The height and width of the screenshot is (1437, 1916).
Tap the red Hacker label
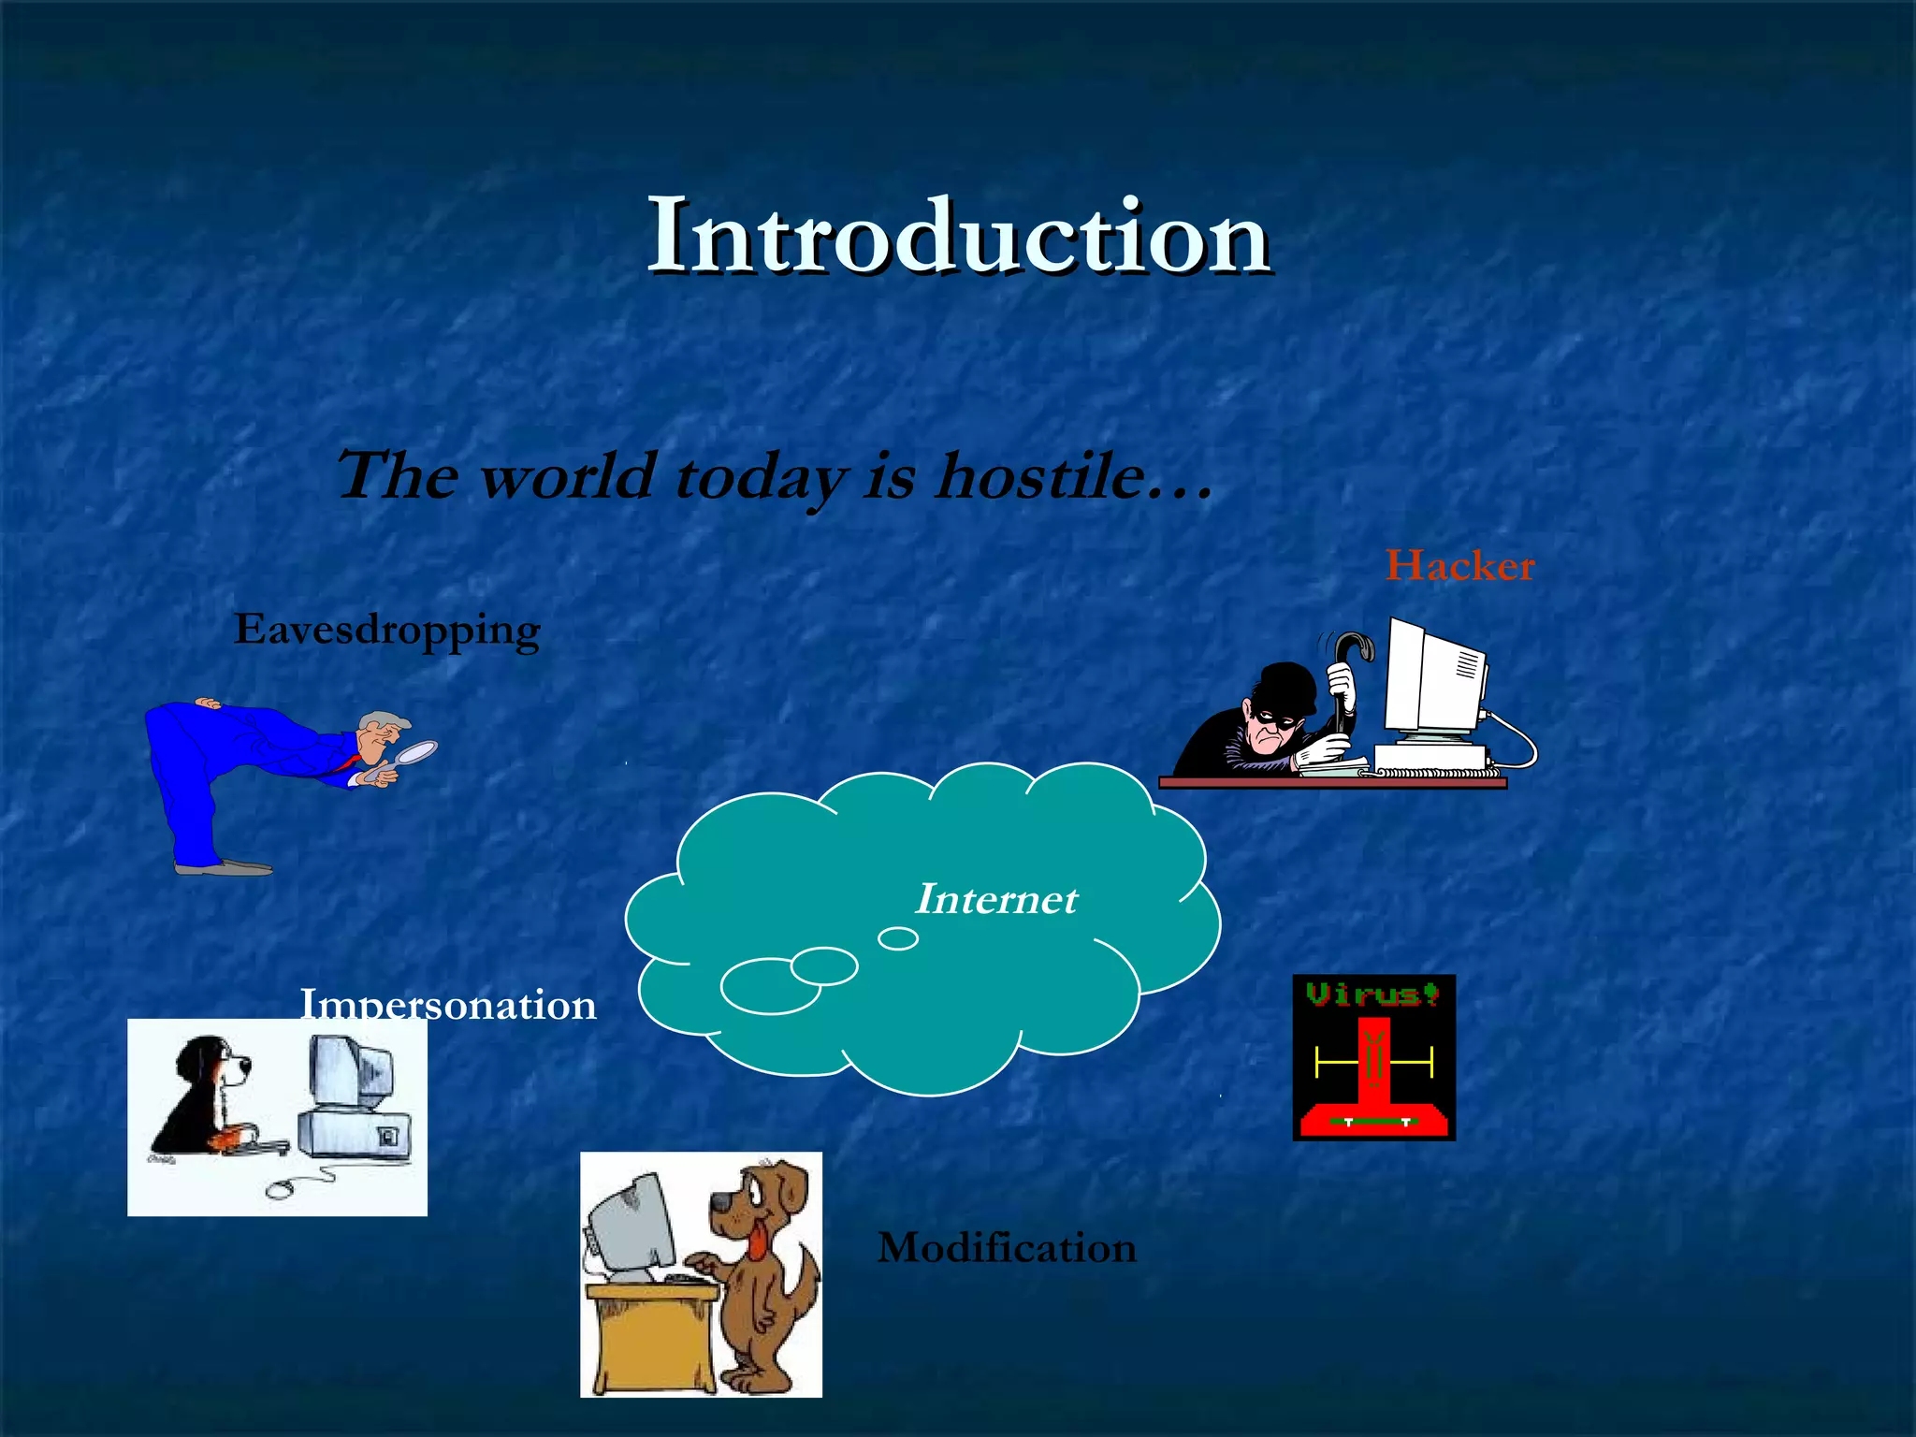tap(1459, 566)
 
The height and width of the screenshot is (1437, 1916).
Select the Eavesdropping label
tap(386, 630)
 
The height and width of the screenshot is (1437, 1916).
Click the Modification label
tap(1007, 1248)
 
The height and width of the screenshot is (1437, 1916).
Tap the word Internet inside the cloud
tap(995, 899)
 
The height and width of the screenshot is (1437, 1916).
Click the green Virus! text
tap(1372, 994)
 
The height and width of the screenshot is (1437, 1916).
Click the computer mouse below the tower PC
tap(281, 1190)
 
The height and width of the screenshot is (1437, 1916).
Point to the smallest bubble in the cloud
tap(898, 938)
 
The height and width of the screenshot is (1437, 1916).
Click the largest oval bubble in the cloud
tap(769, 986)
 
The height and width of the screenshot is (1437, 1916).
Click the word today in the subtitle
tap(758, 477)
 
